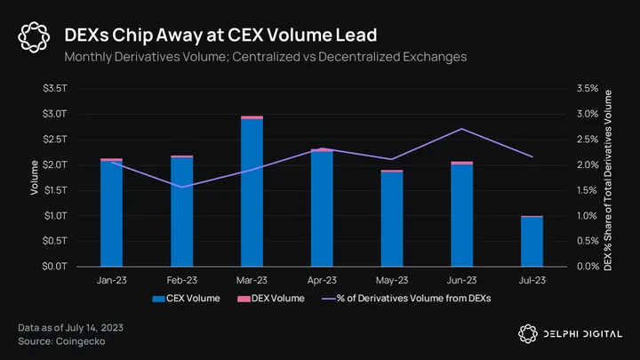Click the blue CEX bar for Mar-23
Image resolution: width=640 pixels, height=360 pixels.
(252, 193)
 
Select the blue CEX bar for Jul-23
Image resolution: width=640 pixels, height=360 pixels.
(532, 242)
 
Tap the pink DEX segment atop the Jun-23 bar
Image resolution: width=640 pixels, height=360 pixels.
(462, 163)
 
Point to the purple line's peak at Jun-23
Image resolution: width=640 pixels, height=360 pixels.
(461, 129)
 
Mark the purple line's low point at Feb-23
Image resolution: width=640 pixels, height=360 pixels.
(181, 188)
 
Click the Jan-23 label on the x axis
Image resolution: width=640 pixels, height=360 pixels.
(111, 280)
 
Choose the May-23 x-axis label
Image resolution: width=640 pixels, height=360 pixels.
(392, 280)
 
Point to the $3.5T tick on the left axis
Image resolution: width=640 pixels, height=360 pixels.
(55, 88)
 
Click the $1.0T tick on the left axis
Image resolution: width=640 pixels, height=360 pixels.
(55, 215)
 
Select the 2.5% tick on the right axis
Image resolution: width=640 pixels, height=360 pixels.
(588, 140)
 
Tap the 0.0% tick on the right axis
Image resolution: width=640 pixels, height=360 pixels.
(588, 267)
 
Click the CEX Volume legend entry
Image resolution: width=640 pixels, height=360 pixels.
(186, 299)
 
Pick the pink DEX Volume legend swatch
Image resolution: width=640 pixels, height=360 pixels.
(244, 300)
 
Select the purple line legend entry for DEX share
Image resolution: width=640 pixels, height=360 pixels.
(406, 299)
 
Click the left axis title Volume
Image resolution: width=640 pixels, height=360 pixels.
(35, 178)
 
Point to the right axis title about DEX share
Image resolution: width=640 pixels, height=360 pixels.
(608, 180)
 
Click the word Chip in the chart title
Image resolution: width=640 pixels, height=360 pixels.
(131, 35)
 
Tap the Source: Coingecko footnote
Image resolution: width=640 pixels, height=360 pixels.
(61, 341)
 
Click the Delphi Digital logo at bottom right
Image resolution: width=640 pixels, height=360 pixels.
(570, 334)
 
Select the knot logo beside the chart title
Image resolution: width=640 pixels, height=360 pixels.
(34, 37)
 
